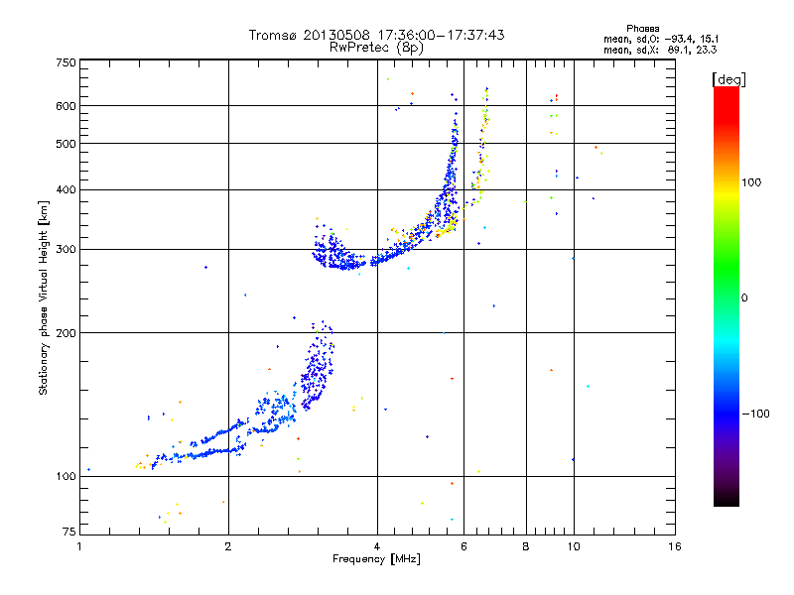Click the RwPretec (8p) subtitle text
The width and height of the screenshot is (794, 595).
click(x=376, y=48)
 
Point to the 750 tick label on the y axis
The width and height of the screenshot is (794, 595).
click(x=66, y=62)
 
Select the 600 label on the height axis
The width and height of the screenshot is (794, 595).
click(x=66, y=106)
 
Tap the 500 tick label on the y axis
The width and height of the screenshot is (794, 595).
click(x=66, y=144)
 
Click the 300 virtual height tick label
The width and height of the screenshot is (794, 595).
click(x=66, y=250)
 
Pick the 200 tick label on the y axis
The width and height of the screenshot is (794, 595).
click(x=66, y=333)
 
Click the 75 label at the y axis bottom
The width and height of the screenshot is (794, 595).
click(x=69, y=532)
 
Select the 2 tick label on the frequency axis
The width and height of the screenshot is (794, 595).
click(x=228, y=546)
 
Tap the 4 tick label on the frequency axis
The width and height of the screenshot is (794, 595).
click(x=377, y=546)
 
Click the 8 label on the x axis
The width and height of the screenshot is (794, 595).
click(x=526, y=546)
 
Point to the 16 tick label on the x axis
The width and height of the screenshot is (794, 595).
click(x=675, y=546)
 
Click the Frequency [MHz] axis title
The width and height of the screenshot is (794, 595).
click(x=376, y=559)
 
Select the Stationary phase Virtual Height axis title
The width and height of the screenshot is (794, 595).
click(x=44, y=297)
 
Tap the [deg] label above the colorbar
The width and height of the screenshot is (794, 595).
click(x=728, y=80)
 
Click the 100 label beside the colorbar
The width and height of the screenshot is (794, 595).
click(x=751, y=182)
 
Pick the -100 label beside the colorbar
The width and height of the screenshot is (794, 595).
click(x=755, y=414)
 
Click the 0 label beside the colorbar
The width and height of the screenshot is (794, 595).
click(x=744, y=298)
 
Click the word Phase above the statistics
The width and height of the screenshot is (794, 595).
click(x=642, y=29)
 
